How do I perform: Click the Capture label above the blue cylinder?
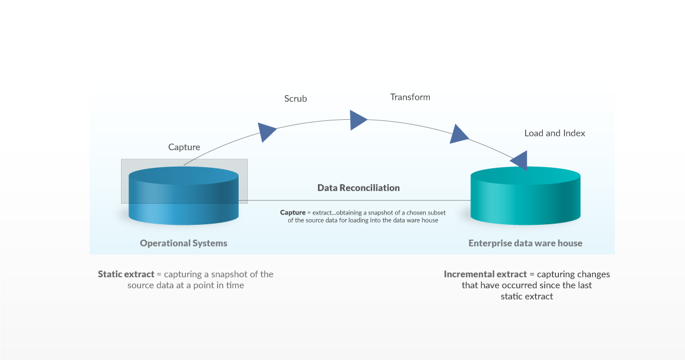point(184,147)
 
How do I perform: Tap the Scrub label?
point(296,99)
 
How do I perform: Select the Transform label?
point(410,97)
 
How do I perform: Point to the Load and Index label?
point(555,134)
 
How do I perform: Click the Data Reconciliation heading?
point(358,188)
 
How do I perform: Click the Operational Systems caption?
point(183,243)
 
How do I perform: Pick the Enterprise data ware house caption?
point(525,243)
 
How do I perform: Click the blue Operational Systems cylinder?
point(183,196)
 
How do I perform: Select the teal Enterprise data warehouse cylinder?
point(525,196)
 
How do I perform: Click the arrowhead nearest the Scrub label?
point(267,132)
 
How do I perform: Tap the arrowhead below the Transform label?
point(358,120)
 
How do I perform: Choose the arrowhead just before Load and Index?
point(458,135)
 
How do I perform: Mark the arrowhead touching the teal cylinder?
point(521,160)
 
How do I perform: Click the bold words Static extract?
point(126,274)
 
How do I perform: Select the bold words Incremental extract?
point(485,274)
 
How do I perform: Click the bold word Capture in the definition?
point(293,212)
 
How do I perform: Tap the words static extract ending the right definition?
point(527,297)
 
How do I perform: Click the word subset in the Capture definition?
point(437,212)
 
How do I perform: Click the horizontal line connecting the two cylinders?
point(354,201)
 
